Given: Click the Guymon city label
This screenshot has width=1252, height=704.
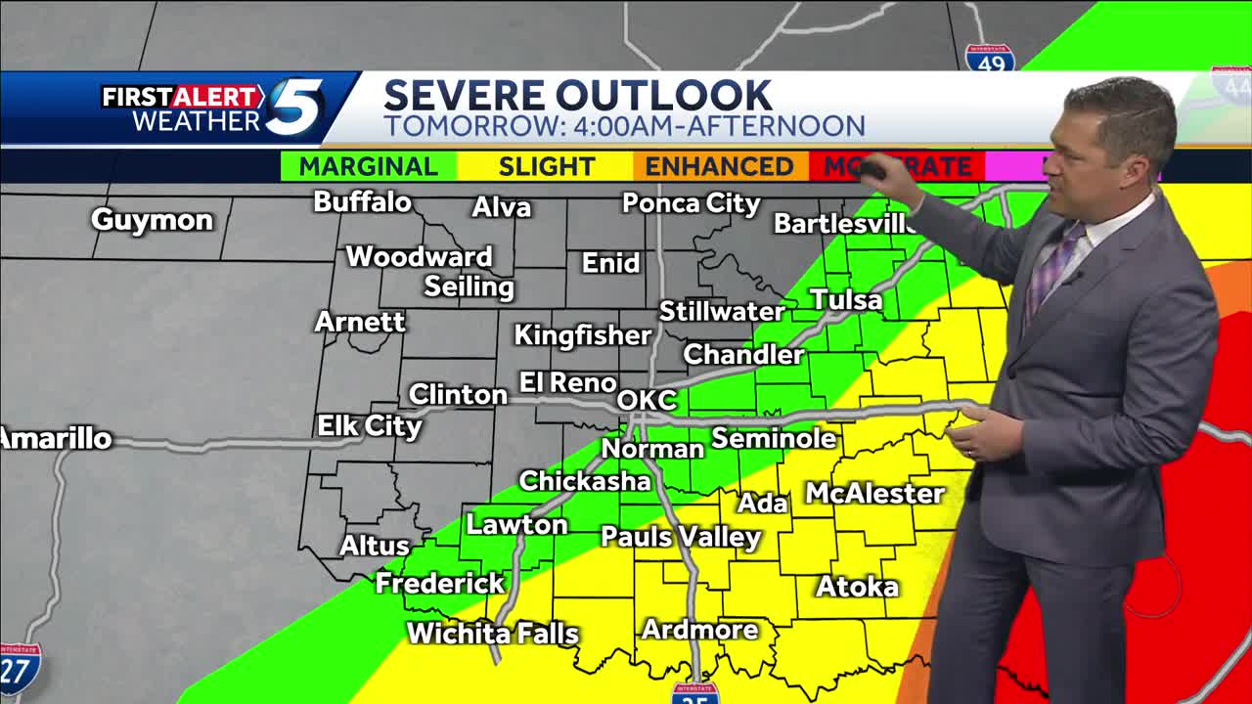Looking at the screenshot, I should (x=152, y=219).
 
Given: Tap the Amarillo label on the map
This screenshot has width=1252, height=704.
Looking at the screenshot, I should (x=56, y=439).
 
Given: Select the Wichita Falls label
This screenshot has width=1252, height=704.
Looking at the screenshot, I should (x=493, y=634).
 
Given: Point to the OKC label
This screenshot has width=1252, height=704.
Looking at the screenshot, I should (x=648, y=400).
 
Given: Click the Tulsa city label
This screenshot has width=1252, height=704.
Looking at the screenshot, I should (x=846, y=299).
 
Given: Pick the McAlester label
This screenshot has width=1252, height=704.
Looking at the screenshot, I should (x=874, y=494).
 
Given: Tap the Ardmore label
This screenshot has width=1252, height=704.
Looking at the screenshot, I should (x=699, y=630).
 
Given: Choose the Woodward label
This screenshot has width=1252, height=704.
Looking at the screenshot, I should (x=419, y=256).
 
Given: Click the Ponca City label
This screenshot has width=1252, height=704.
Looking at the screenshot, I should (x=692, y=203).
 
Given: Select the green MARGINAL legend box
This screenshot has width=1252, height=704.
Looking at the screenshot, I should (x=368, y=166).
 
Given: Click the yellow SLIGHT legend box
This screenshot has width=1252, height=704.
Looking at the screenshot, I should (x=546, y=166).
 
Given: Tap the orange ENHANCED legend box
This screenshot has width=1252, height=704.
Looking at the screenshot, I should (x=719, y=166).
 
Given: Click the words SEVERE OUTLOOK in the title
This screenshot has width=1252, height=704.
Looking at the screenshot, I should (x=577, y=95).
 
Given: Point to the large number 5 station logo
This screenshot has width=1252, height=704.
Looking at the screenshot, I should (x=294, y=107).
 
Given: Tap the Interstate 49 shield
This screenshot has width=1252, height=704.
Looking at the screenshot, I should (x=989, y=57).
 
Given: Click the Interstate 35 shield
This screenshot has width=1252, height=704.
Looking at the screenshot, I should (x=695, y=693).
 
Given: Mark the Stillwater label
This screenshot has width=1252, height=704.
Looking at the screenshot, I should (x=722, y=311).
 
